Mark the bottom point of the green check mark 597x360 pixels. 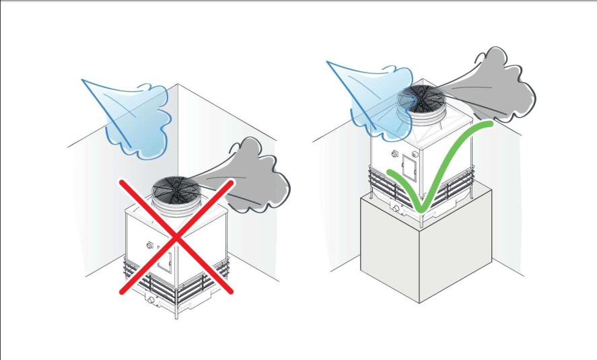[418, 210]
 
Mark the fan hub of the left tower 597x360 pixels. [173, 187]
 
